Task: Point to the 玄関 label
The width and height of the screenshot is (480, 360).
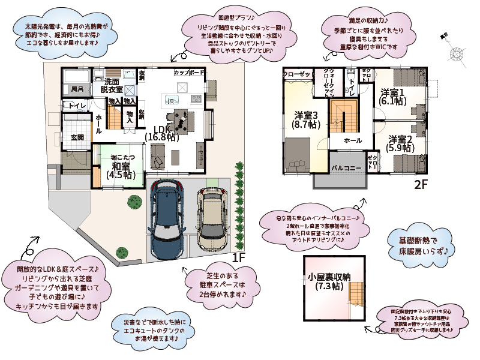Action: point(77,137)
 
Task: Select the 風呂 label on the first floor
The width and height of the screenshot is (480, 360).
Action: point(77,89)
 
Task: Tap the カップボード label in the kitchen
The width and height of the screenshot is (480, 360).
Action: point(189,73)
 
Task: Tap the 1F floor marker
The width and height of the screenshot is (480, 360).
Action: point(238,257)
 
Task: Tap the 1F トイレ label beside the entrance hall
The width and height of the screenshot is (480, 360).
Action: point(77,106)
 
